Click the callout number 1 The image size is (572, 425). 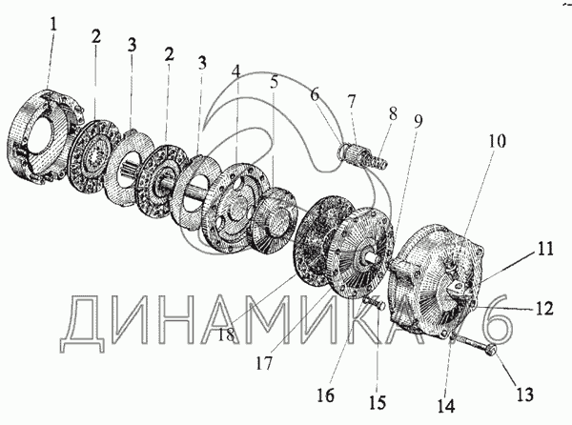(x=53, y=25)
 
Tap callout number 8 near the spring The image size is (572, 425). (x=393, y=113)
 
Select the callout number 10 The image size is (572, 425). (x=498, y=141)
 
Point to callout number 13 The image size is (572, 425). (x=525, y=394)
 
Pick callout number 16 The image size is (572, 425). (x=325, y=395)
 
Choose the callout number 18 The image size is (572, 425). (x=226, y=335)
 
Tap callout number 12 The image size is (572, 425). (x=544, y=308)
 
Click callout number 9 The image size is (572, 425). (x=419, y=121)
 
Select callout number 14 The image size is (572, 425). (x=446, y=406)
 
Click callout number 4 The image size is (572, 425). (x=236, y=71)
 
